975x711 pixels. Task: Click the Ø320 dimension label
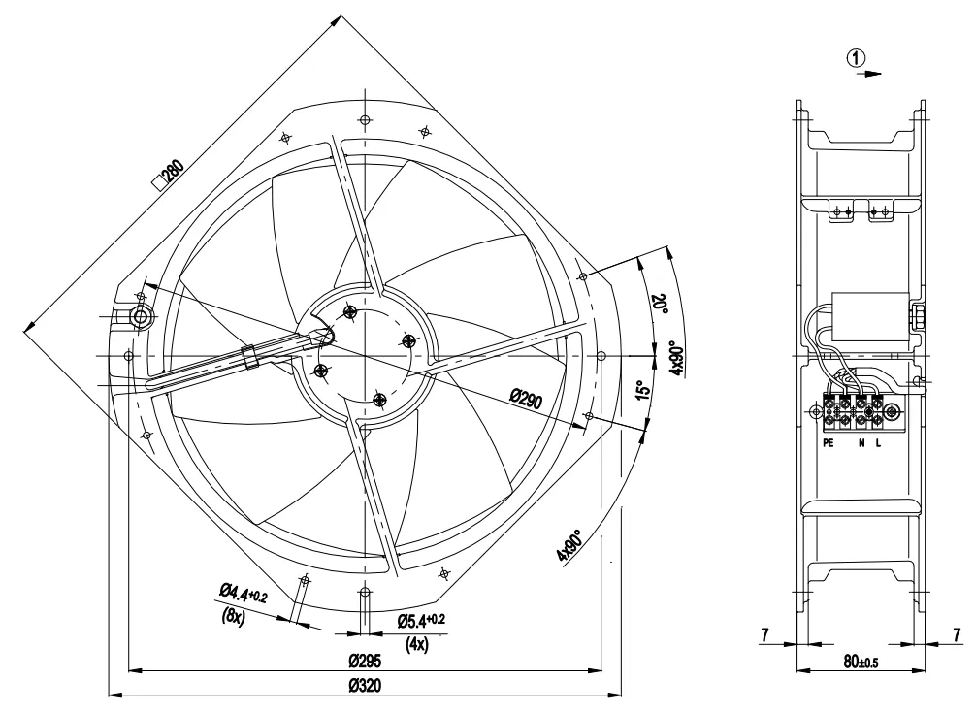(366, 686)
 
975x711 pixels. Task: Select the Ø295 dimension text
(366, 661)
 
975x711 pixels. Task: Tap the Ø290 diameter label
(526, 399)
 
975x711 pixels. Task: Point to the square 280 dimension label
(169, 175)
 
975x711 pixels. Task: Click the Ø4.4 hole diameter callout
(244, 593)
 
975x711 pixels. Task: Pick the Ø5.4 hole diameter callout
(421, 620)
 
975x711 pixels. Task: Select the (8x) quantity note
(233, 617)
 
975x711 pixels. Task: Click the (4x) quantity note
(417, 644)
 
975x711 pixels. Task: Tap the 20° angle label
(659, 304)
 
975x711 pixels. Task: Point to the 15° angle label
(644, 390)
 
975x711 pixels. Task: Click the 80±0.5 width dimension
(861, 662)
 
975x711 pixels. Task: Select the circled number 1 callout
(856, 58)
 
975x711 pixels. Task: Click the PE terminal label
(828, 443)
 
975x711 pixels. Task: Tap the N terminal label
(861, 443)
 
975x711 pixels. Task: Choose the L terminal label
(878, 443)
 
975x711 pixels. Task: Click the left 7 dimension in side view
(764, 634)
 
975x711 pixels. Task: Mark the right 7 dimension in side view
(958, 634)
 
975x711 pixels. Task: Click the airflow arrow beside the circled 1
(869, 74)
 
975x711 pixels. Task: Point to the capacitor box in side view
(870, 317)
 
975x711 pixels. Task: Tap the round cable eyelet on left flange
(141, 317)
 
